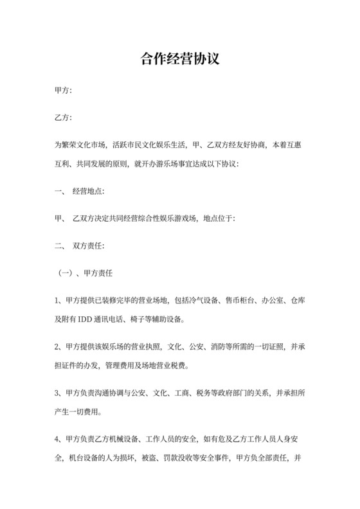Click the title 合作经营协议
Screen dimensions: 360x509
(x=180, y=60)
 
